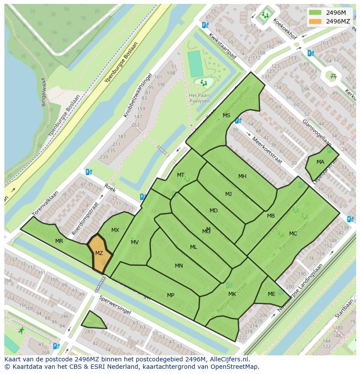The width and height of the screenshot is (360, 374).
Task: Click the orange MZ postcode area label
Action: pos(99,253)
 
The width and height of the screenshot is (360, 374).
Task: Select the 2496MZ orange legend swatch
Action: pos(316,21)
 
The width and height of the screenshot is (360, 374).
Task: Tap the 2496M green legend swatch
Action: pos(316,13)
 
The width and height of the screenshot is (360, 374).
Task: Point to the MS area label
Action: pos(227,116)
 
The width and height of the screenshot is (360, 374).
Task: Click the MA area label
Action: pos(320,162)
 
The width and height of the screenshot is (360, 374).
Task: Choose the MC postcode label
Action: pos(293,234)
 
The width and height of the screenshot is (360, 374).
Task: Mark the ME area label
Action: pos(272,294)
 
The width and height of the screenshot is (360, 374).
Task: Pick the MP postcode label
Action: pos(171,295)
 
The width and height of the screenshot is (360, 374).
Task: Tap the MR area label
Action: pos(60,241)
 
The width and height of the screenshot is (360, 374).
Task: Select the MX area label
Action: pos(115,230)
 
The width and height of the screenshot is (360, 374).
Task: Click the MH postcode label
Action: pos(242,176)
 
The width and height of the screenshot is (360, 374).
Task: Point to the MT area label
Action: pos(180,175)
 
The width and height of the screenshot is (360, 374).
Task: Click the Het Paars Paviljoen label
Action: pos(199,98)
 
